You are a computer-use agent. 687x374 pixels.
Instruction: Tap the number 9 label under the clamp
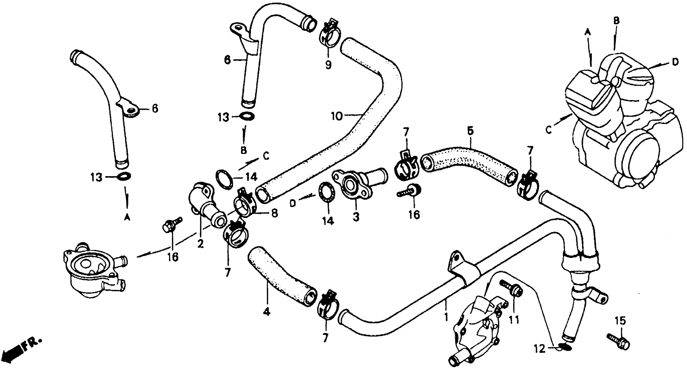point(328,64)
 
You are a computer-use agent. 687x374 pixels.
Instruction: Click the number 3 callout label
point(356,217)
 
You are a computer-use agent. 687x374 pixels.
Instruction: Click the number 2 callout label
point(200,243)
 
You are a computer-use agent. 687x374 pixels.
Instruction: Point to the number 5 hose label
point(470,131)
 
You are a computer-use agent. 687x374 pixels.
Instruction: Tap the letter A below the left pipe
point(127,218)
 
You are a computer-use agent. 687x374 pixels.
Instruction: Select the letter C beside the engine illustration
point(548,131)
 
